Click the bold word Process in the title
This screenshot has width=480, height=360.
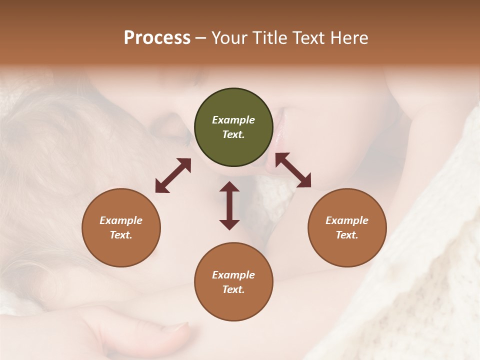pyautogui.click(x=157, y=38)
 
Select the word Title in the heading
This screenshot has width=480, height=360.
pyautogui.click(x=269, y=38)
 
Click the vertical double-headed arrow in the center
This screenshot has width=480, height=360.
pyautogui.click(x=229, y=205)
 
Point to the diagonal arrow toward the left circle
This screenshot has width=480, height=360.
pyautogui.click(x=173, y=175)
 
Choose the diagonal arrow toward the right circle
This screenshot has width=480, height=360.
pyautogui.click(x=293, y=170)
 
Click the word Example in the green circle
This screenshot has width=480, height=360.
pyautogui.click(x=233, y=120)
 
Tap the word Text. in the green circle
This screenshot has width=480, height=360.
pyautogui.click(x=233, y=134)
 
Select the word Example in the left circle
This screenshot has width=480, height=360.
pyautogui.click(x=121, y=220)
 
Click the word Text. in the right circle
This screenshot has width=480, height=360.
pyautogui.click(x=347, y=235)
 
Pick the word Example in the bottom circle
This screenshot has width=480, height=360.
pyautogui.click(x=233, y=275)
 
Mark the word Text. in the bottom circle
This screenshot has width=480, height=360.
pyautogui.click(x=233, y=289)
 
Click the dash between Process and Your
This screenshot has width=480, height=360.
pyautogui.click(x=201, y=38)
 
